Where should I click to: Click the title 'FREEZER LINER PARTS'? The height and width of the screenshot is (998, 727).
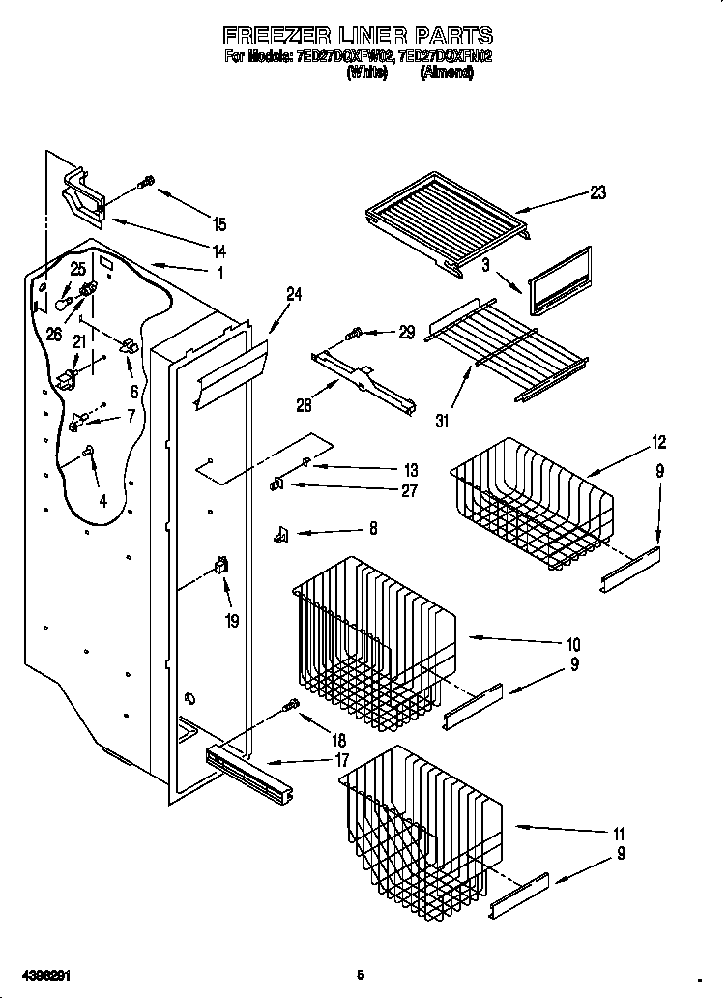[x=358, y=38]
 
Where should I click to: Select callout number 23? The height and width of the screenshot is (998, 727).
[x=597, y=192]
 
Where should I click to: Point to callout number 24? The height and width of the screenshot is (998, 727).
[x=294, y=295]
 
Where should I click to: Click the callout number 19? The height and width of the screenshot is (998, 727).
[x=231, y=621]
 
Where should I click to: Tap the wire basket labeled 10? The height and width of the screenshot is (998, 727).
[x=372, y=633]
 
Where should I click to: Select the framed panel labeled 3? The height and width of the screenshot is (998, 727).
[x=559, y=279]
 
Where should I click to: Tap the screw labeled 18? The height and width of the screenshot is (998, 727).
[x=288, y=708]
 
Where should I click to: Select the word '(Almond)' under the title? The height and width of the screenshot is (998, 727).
[x=446, y=73]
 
